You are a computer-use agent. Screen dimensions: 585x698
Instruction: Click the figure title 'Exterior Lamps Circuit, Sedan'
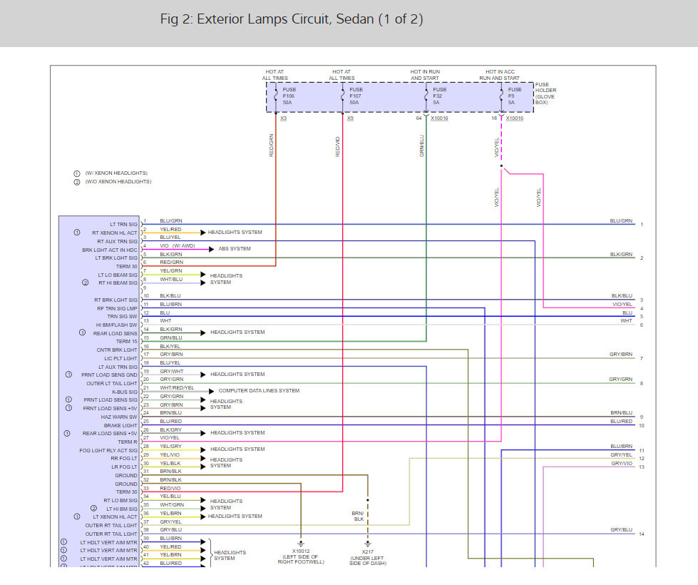pos(292,19)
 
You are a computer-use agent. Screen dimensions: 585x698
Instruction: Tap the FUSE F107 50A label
pos(356,96)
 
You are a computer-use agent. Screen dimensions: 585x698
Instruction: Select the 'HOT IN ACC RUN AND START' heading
pos(500,75)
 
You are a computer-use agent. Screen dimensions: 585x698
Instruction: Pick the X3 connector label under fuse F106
pos(283,118)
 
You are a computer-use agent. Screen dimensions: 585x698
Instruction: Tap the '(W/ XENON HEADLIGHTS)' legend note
pos(116,174)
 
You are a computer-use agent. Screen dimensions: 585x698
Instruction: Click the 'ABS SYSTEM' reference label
pos(235,249)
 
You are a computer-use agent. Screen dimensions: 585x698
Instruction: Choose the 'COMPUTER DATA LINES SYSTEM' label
pos(259,390)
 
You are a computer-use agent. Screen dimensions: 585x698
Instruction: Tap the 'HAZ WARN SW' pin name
pos(121,417)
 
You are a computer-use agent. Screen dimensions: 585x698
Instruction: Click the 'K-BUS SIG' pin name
pos(123,392)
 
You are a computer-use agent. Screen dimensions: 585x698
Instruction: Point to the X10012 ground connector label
pos(300,551)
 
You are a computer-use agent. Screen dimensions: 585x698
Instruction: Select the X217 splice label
pos(367,551)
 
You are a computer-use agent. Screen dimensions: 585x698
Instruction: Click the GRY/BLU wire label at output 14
pos(621,530)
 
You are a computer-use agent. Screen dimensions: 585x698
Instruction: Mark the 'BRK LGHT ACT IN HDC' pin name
pos(110,250)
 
